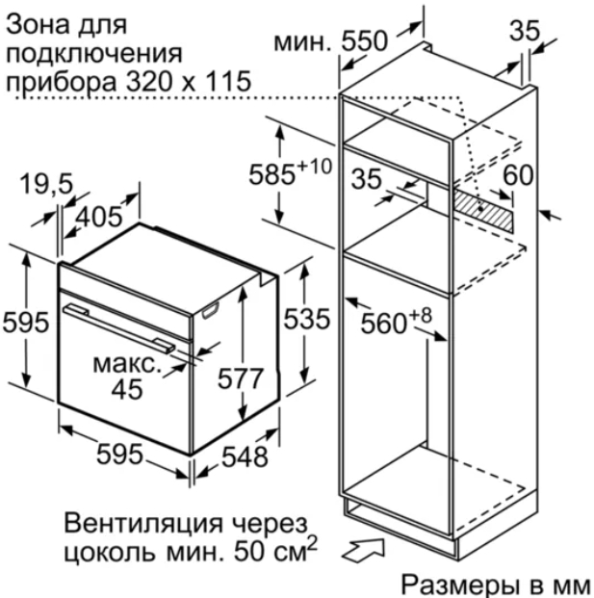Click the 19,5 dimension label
(46, 184)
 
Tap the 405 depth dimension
(99, 217)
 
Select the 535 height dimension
(306, 319)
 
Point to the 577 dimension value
(241, 378)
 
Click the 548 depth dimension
(245, 456)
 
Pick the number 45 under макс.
(127, 389)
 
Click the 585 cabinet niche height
(271, 175)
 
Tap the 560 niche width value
(383, 324)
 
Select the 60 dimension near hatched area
(518, 175)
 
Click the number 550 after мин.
(365, 40)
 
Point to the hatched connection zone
(482, 211)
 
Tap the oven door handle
(119, 329)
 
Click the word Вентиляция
(143, 523)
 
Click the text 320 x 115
(189, 81)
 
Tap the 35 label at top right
(525, 31)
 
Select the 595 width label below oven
(119, 454)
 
